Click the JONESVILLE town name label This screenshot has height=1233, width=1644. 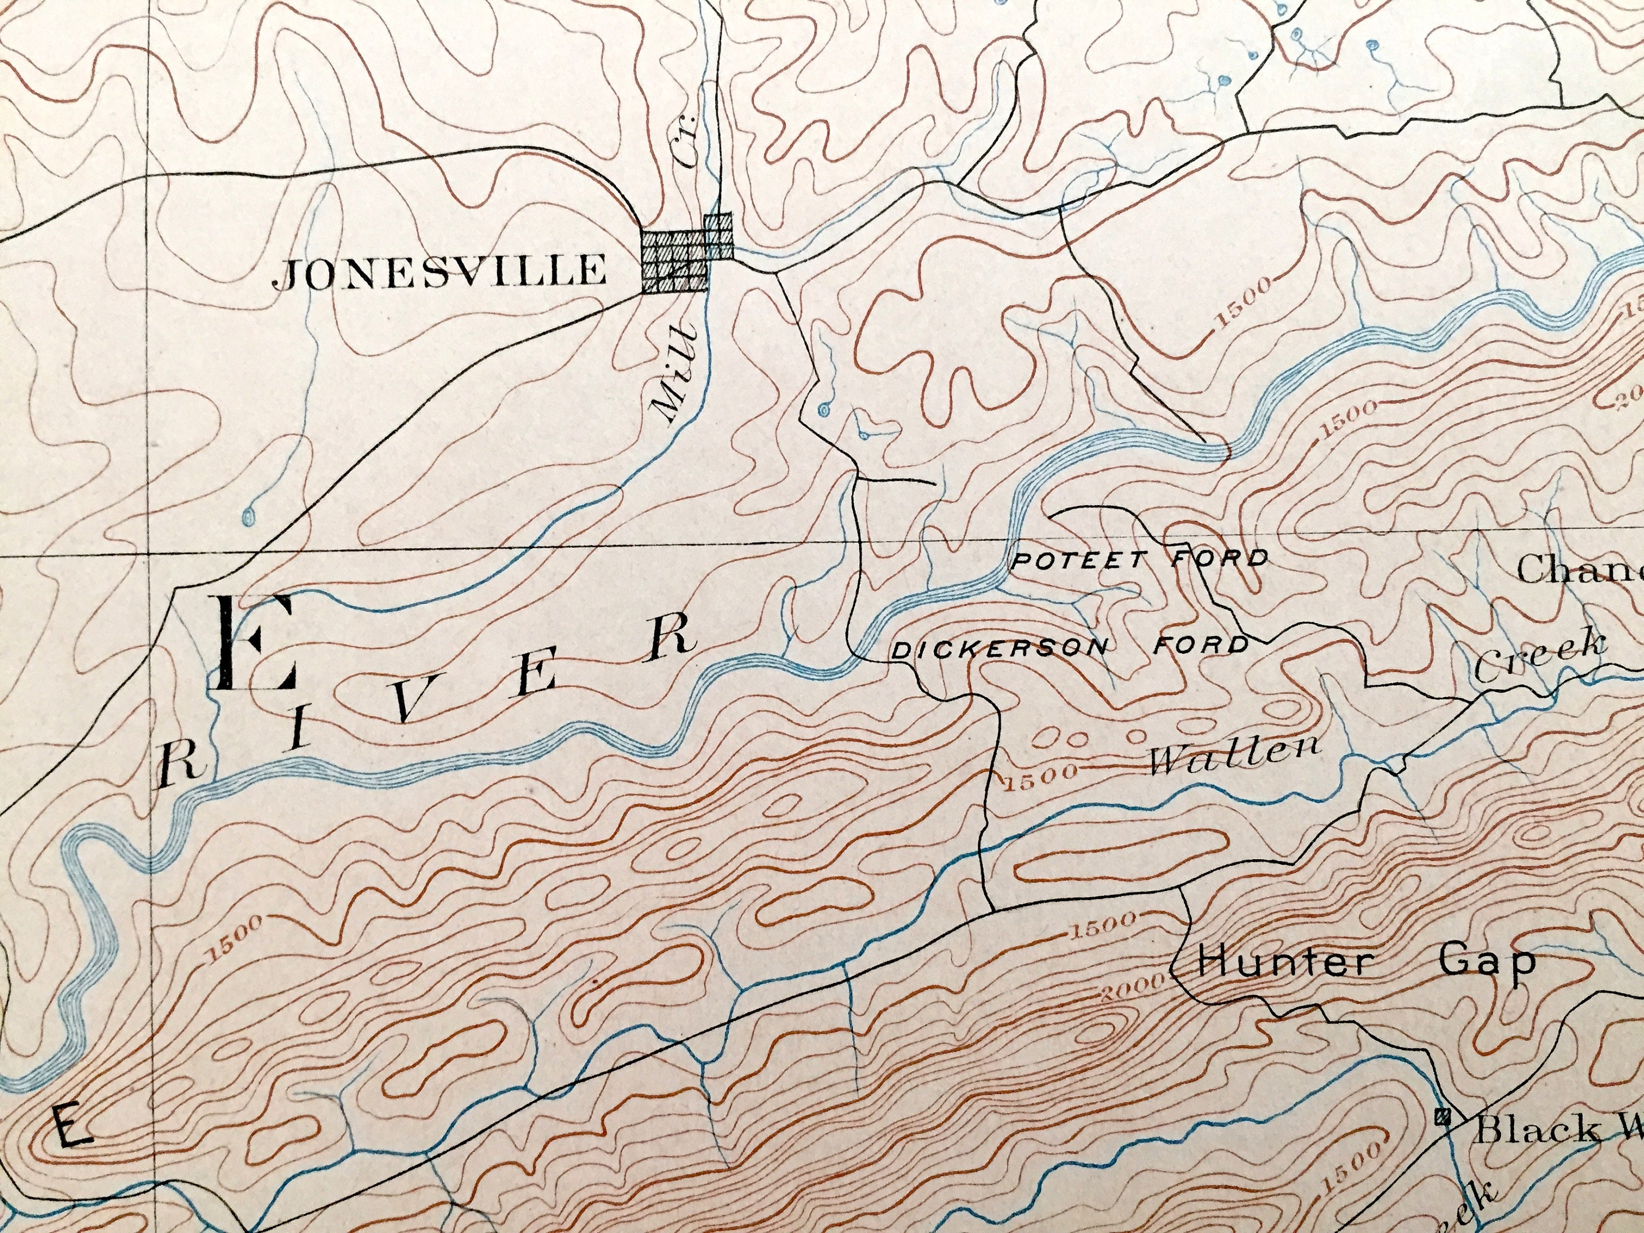click(x=440, y=273)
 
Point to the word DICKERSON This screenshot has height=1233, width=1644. click(x=1000, y=649)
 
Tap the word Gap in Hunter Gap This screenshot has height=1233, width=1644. click(x=1486, y=961)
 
